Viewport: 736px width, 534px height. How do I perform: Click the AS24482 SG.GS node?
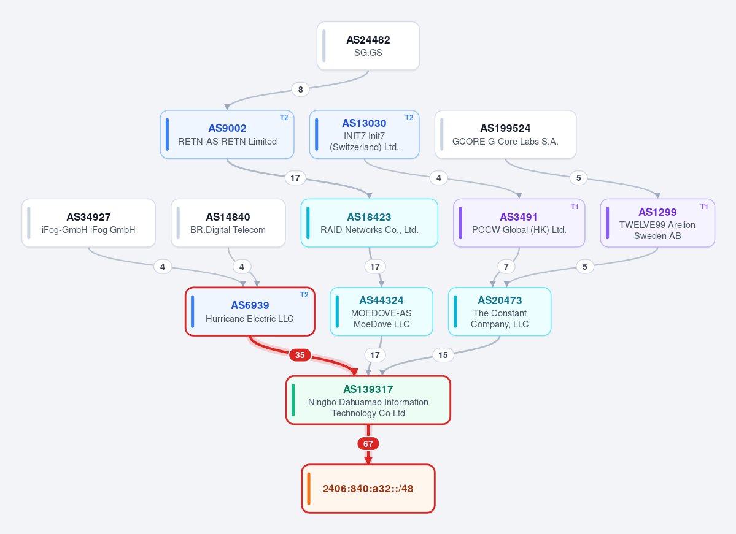pyautogui.click(x=368, y=46)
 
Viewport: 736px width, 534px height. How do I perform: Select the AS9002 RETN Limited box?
pyautogui.click(x=227, y=134)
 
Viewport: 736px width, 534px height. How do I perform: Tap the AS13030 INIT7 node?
pyautogui.click(x=364, y=134)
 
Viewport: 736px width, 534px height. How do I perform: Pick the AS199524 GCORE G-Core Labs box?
pyautogui.click(x=506, y=134)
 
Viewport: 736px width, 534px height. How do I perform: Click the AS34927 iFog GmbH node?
pyautogui.click(x=89, y=223)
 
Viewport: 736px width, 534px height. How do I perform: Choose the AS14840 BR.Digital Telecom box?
pyautogui.click(x=228, y=223)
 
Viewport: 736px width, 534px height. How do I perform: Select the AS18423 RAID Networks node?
pyautogui.click(x=370, y=223)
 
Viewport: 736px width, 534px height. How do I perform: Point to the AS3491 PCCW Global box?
pyautogui.click(x=519, y=223)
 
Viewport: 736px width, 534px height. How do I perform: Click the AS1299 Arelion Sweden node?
pyautogui.click(x=657, y=223)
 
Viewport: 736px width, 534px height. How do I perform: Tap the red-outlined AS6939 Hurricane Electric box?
pyautogui.click(x=250, y=312)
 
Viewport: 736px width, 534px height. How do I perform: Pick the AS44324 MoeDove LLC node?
pyautogui.click(x=382, y=312)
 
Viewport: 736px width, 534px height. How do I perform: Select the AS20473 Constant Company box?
pyautogui.click(x=500, y=312)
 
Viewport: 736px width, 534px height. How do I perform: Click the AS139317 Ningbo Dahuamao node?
pyautogui.click(x=368, y=400)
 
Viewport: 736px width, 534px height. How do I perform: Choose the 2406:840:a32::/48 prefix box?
pyautogui.click(x=368, y=489)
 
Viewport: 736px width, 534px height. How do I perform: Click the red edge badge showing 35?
pyautogui.click(x=300, y=355)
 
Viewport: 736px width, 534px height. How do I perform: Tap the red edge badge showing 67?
pyautogui.click(x=368, y=443)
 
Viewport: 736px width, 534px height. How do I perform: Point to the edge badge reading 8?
pyautogui.click(x=300, y=90)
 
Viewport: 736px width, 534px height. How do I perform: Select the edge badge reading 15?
pyautogui.click(x=443, y=355)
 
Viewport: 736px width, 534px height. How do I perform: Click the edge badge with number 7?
pyautogui.click(x=506, y=267)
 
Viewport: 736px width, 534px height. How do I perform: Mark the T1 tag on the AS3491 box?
pyautogui.click(x=575, y=206)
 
